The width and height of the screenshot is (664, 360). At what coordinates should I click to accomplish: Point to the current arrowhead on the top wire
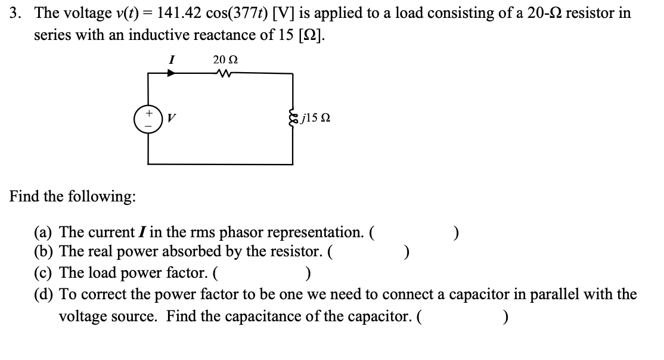coord(171,73)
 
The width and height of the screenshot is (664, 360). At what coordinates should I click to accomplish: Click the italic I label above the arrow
coord(171,59)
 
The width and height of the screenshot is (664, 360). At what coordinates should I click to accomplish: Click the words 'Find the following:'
coord(72,197)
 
